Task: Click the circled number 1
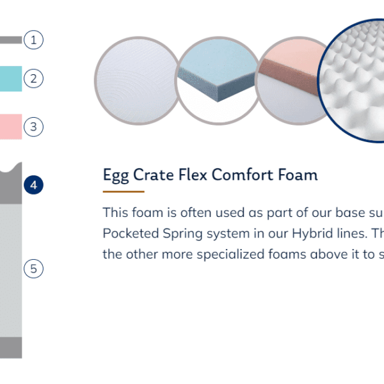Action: click(33, 40)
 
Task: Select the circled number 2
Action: click(33, 78)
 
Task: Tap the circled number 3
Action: click(33, 127)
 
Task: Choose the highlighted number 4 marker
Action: click(33, 185)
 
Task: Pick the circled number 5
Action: click(33, 269)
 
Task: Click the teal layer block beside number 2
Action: click(11, 79)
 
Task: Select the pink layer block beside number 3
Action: click(11, 127)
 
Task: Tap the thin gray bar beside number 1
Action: click(11, 40)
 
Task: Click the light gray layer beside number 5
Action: click(11, 270)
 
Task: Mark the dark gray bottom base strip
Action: click(11, 348)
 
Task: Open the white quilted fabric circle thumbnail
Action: click(138, 81)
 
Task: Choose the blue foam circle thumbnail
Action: click(218, 81)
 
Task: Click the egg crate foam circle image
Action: click(353, 81)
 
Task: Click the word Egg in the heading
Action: click(116, 175)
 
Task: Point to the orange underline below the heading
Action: click(124, 191)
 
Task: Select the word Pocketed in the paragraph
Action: click(131, 233)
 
